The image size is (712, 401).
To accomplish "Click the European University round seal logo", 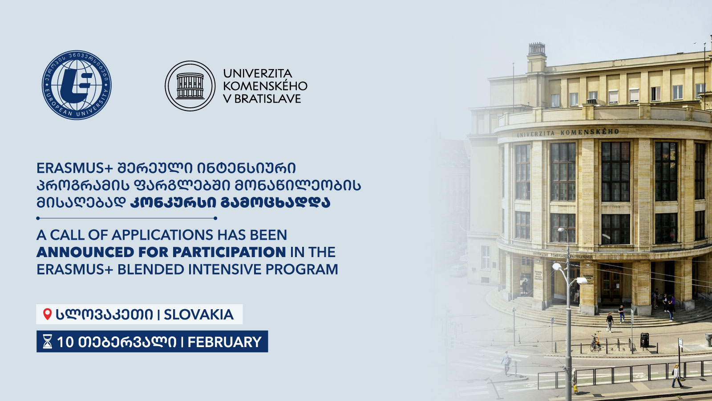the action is pyautogui.click(x=77, y=85).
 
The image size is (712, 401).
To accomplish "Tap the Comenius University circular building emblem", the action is pyautogui.click(x=190, y=86).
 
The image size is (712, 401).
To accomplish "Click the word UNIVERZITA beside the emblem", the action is pyautogui.click(x=258, y=74).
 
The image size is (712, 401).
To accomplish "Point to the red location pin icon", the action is pyautogui.click(x=47, y=314).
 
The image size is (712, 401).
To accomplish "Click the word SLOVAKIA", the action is pyautogui.click(x=198, y=315).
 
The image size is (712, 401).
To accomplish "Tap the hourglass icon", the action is pyautogui.click(x=47, y=342).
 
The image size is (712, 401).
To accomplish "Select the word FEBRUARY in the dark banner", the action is pyautogui.click(x=224, y=342).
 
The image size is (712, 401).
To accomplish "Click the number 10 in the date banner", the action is pyautogui.click(x=65, y=342).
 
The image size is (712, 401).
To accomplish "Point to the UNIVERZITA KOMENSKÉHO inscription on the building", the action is pyautogui.click(x=568, y=133).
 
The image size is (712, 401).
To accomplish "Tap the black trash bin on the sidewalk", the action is pyautogui.click(x=644, y=340).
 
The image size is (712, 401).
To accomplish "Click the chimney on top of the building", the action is pyautogui.click(x=537, y=49).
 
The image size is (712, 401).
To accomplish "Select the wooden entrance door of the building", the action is pyautogui.click(x=611, y=283).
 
